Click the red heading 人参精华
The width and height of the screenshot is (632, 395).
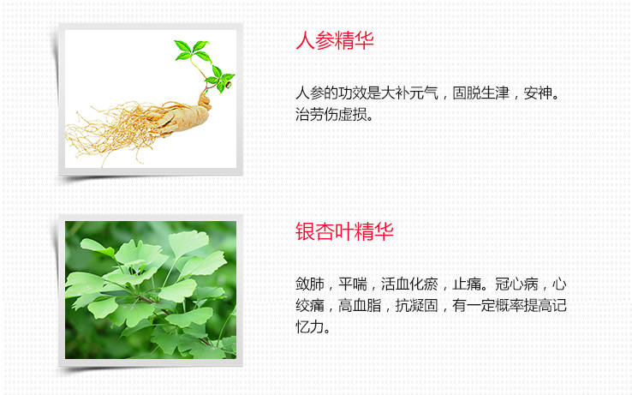click(x=335, y=41)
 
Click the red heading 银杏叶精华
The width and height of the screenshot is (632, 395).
click(x=344, y=231)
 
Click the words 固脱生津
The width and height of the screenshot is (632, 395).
click(x=481, y=93)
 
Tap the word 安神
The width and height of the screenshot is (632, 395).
click(x=538, y=93)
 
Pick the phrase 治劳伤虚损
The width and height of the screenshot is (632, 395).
click(x=331, y=115)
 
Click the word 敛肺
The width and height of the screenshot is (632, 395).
click(x=309, y=284)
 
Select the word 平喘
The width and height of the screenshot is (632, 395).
click(x=353, y=284)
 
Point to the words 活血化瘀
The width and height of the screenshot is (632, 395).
click(x=409, y=284)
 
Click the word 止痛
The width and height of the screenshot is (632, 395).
click(x=467, y=284)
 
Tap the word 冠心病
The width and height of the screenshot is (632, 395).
click(x=516, y=284)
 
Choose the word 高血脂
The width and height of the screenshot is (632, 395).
click(x=360, y=306)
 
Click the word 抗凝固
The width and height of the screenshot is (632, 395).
click(x=417, y=306)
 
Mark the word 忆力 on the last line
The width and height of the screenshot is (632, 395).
click(x=309, y=327)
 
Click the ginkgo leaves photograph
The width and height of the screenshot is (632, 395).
click(x=151, y=290)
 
